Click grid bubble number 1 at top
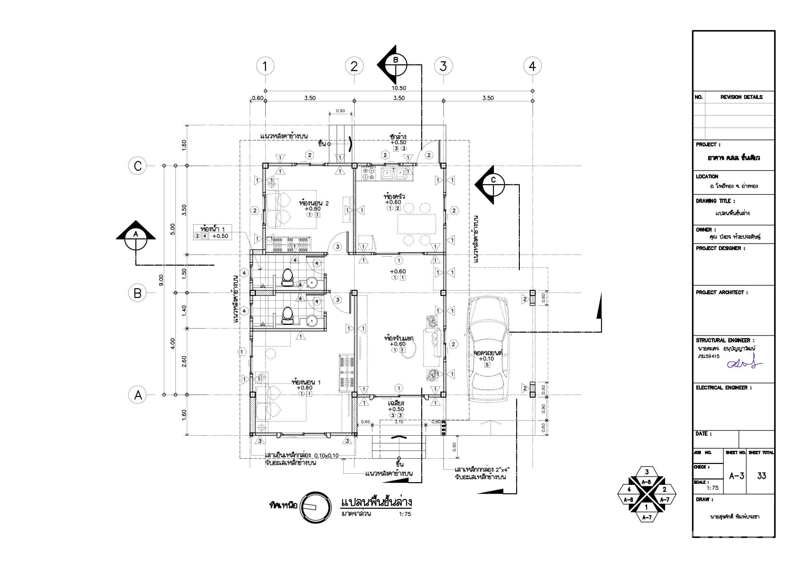point(265,66)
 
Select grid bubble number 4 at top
point(532,66)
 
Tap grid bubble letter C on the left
point(138,166)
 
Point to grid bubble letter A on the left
point(138,395)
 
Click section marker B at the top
point(395,65)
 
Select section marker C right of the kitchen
point(493,185)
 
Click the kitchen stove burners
point(369,174)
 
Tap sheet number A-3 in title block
point(736,476)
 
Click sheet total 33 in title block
point(762,476)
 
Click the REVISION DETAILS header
point(741,97)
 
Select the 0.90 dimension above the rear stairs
point(340,111)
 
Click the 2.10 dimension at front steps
point(399,422)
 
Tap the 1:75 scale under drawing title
point(405,514)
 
